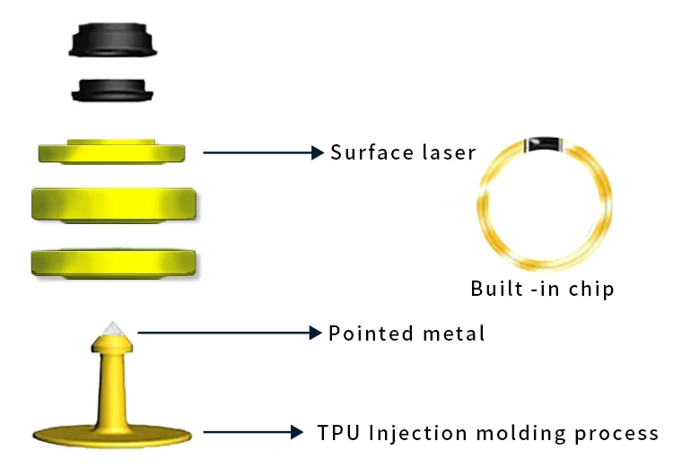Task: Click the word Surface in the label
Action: coord(364,152)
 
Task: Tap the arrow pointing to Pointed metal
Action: coord(230,333)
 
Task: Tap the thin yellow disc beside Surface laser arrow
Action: coord(111,151)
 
